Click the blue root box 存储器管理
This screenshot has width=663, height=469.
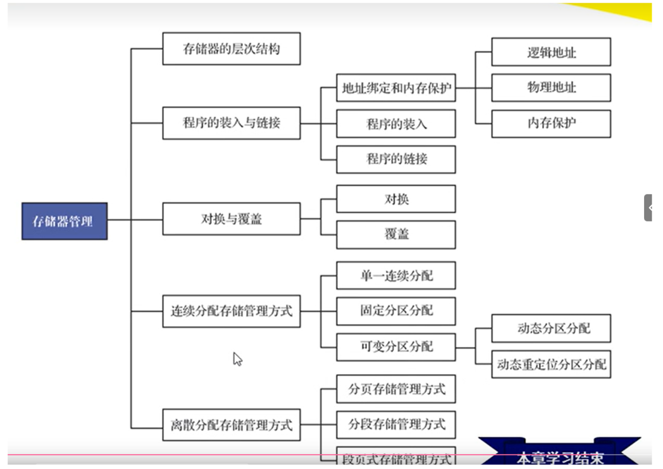[x=65, y=221]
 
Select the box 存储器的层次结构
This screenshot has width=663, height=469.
[x=232, y=49]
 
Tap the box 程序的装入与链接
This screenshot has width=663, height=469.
[x=232, y=123]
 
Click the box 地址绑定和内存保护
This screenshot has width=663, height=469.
[x=396, y=88]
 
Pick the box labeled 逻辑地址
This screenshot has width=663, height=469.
[x=551, y=52]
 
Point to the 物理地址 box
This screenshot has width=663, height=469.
[x=551, y=87]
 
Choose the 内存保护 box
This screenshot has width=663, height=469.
[x=551, y=123]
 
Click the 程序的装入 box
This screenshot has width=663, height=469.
[x=396, y=123]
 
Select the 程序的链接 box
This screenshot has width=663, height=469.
[x=396, y=159]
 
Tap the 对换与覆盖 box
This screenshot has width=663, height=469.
[x=232, y=219]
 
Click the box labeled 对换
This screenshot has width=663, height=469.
[x=396, y=199]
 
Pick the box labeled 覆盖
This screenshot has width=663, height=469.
[x=396, y=234]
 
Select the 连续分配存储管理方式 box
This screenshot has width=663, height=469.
[x=232, y=311]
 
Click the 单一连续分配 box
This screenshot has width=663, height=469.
[x=396, y=275]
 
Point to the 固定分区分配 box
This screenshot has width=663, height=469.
[x=396, y=311]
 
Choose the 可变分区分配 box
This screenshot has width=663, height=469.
[x=396, y=347]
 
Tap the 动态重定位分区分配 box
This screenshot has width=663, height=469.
[x=551, y=364]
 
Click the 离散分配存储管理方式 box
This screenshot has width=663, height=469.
[x=232, y=425]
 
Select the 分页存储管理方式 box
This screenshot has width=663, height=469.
[x=396, y=389]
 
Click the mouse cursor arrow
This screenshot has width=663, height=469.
[x=237, y=359]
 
